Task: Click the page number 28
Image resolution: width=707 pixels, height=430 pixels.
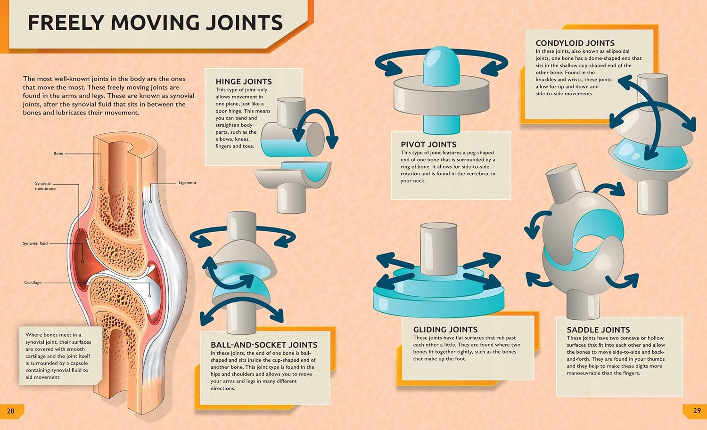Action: pos(10,411)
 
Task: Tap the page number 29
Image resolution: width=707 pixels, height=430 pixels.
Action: pos(697,411)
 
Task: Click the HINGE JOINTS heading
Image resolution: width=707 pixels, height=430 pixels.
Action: pos(243,81)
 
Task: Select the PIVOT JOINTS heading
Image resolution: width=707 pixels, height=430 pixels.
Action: pos(428,145)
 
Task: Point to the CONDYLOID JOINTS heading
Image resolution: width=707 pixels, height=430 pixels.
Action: pos(575,43)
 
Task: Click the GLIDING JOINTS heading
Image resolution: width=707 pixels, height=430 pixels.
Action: pos(445,330)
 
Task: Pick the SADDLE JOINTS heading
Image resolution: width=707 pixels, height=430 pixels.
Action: pos(598,330)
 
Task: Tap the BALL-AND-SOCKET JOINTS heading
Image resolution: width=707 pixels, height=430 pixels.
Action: pos(264,345)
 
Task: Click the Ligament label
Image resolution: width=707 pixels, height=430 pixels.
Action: pos(187,183)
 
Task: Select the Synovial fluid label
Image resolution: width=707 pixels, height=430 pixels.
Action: pos(35,243)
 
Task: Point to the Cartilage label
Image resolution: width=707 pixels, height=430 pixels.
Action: pos(33,283)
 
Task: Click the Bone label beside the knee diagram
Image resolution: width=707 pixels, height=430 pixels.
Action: pos(58,154)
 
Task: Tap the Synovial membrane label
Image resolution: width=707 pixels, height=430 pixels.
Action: pos(44,186)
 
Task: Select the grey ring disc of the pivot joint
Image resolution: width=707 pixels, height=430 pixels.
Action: pos(441,99)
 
